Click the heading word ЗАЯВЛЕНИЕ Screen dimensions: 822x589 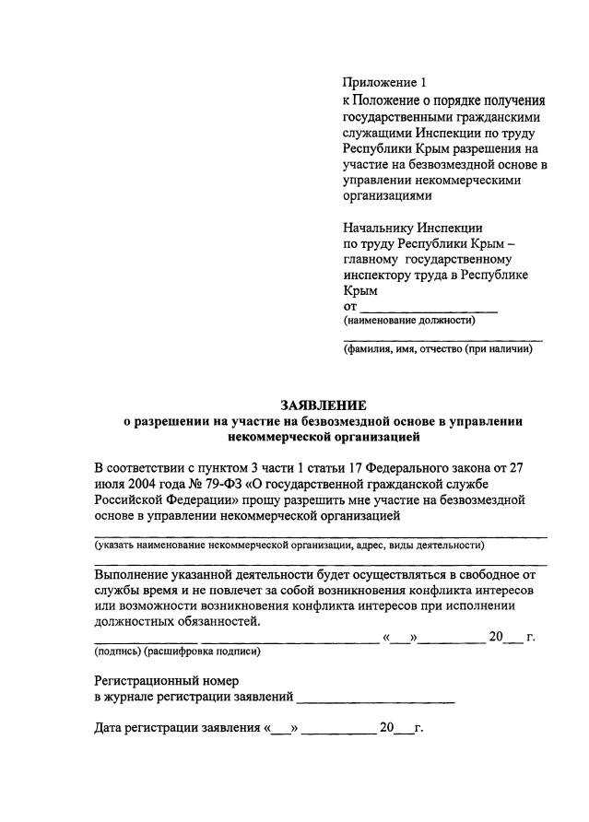[323, 405]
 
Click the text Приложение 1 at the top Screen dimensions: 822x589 [379, 83]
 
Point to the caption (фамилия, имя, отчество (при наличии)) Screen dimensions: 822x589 [437, 350]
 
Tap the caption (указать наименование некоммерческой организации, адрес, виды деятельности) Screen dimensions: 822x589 [289, 546]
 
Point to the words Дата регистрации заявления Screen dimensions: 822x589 [178, 730]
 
